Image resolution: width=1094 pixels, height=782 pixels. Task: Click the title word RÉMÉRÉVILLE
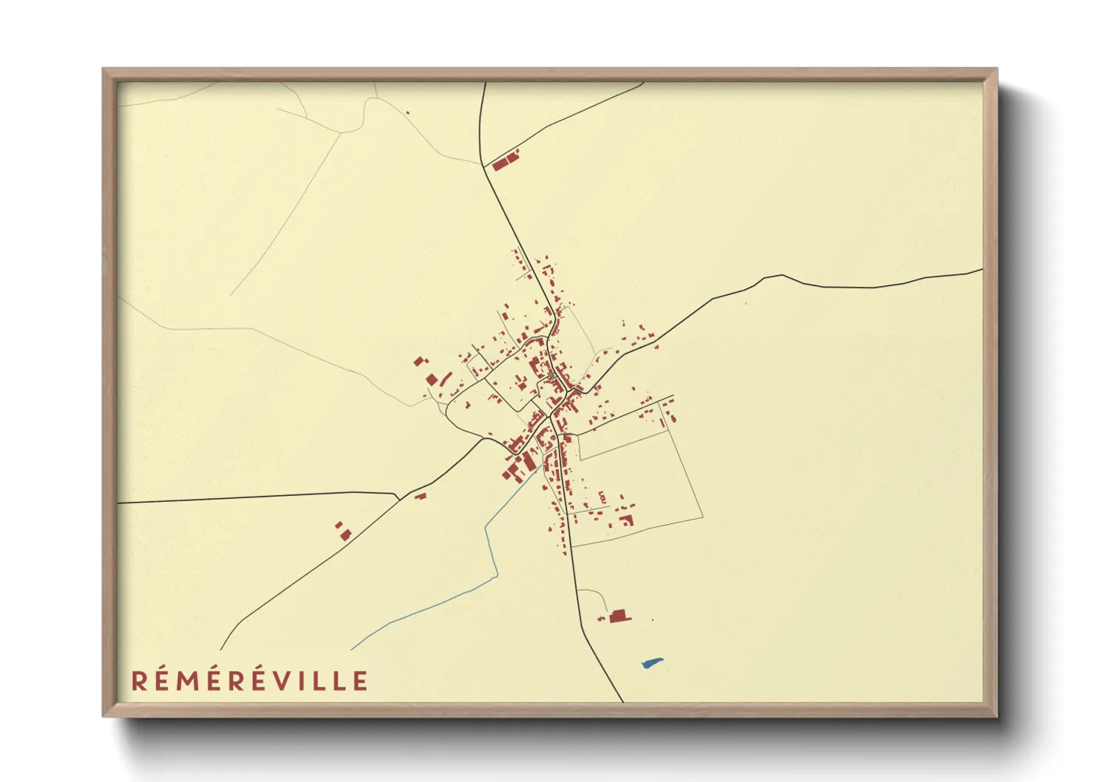point(249,681)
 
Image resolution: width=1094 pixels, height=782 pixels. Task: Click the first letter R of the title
point(139,681)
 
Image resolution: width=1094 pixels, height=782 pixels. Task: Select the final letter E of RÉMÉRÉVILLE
point(360,681)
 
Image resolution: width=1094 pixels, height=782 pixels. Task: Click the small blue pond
point(651,663)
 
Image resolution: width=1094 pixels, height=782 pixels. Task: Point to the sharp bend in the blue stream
point(486,527)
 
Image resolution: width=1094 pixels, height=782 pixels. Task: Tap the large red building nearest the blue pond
point(619,615)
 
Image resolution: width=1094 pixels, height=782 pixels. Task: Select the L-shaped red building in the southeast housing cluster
point(628,520)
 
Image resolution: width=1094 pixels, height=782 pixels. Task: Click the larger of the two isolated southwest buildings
point(345,534)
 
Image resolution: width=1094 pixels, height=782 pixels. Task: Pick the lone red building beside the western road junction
point(420,495)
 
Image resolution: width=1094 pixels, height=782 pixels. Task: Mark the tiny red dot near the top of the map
point(407,112)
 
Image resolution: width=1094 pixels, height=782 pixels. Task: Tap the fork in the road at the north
point(483,166)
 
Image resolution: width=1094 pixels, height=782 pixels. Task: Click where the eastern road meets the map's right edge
point(982,271)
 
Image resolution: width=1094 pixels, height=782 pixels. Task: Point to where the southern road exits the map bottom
point(623,701)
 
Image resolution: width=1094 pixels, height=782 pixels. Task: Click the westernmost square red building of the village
point(419,361)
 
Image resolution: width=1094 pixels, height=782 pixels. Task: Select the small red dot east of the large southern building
point(652,619)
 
